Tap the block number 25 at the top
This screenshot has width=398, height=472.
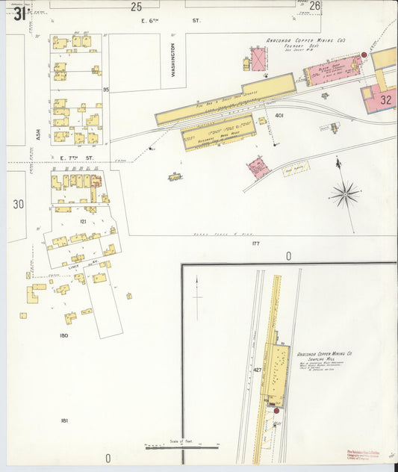click(136, 7)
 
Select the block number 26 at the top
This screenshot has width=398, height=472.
click(314, 7)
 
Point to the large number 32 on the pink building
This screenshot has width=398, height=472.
click(385, 98)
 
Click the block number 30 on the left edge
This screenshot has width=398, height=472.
click(19, 203)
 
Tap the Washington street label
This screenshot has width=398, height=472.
click(172, 60)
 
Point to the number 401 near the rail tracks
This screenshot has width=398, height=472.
click(279, 116)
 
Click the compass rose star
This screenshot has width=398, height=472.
click(344, 194)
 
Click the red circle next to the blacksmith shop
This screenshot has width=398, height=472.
click(364, 55)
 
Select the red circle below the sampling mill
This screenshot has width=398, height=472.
click(276, 410)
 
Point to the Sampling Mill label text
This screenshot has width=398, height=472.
click(323, 355)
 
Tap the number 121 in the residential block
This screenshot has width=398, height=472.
click(83, 222)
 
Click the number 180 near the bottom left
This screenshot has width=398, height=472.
click(63, 335)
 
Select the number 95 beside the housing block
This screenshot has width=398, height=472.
click(106, 89)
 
